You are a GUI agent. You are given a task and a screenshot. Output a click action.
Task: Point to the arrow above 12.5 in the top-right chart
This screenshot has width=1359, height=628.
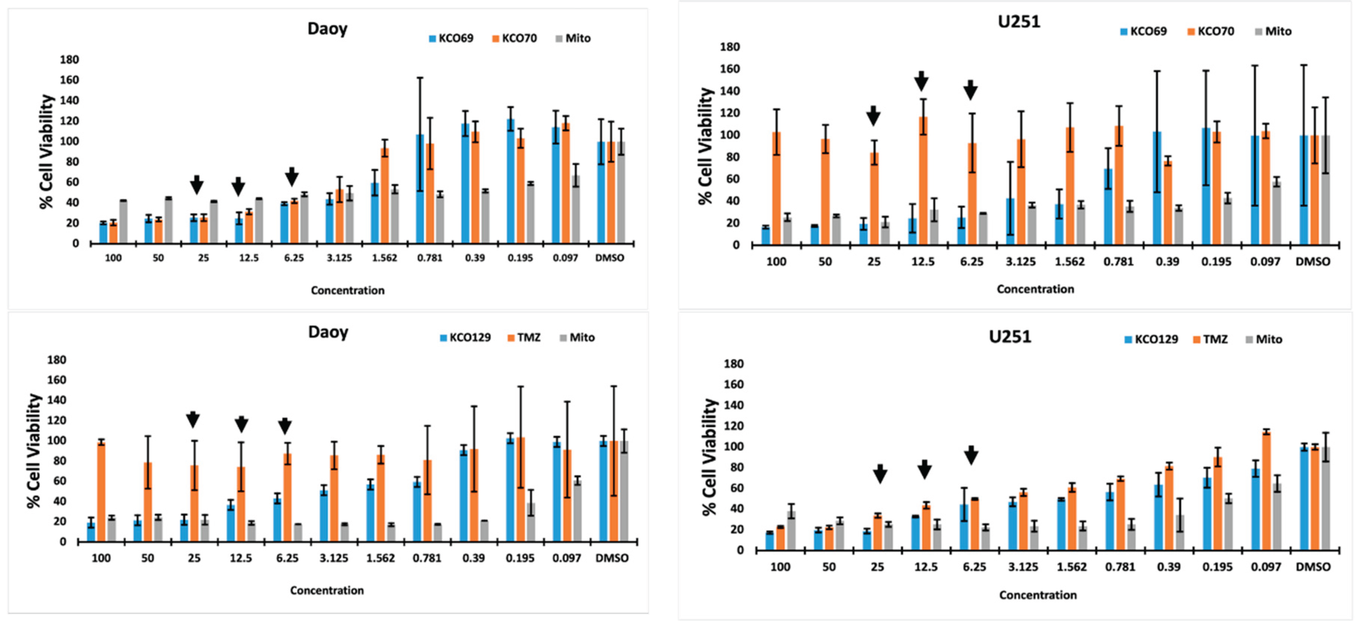(921, 81)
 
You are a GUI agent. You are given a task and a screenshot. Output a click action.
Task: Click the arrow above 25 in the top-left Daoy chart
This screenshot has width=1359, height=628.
(197, 185)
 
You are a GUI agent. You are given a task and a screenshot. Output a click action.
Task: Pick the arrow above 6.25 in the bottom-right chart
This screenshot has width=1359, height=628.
(971, 455)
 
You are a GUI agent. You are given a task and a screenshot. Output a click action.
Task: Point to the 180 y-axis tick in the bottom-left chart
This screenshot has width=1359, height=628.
(56, 360)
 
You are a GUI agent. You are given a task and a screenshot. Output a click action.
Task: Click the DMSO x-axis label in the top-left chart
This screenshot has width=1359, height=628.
(609, 258)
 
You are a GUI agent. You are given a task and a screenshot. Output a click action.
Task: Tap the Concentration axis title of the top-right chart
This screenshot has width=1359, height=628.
(1035, 289)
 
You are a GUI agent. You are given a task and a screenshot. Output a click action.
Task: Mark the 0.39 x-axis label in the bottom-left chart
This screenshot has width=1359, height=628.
(473, 558)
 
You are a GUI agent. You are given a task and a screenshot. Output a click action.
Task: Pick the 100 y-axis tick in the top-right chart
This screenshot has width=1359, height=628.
(730, 135)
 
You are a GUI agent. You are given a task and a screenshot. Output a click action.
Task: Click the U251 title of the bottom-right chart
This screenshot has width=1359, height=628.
(1009, 336)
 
